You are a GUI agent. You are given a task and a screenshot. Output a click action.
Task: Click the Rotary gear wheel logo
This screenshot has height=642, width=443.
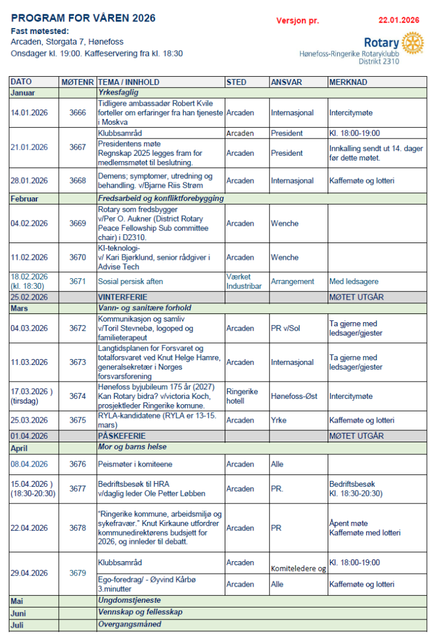(x=412, y=43)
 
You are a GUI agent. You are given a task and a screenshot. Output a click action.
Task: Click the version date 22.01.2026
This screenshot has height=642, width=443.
(x=399, y=20)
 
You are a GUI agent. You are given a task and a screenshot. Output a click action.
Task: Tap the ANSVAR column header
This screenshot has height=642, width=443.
(x=285, y=82)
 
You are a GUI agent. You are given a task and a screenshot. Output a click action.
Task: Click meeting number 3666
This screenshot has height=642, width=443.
(x=77, y=113)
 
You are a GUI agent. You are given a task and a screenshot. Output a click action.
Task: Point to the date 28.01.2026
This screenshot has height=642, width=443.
(x=29, y=181)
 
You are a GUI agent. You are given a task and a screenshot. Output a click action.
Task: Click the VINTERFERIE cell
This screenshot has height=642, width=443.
(x=122, y=296)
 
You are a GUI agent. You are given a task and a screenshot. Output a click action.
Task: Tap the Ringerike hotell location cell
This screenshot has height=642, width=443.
(x=242, y=396)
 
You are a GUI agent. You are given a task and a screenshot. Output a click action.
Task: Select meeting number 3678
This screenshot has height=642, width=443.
(x=77, y=528)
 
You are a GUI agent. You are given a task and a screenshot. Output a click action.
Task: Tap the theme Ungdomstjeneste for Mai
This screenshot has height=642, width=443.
(x=129, y=600)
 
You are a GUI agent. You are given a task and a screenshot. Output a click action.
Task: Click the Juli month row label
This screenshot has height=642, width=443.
(x=17, y=625)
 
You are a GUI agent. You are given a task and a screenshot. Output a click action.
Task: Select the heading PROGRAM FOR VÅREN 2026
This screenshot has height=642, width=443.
(x=83, y=18)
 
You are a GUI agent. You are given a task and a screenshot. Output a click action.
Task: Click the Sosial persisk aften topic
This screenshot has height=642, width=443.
(x=130, y=281)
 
